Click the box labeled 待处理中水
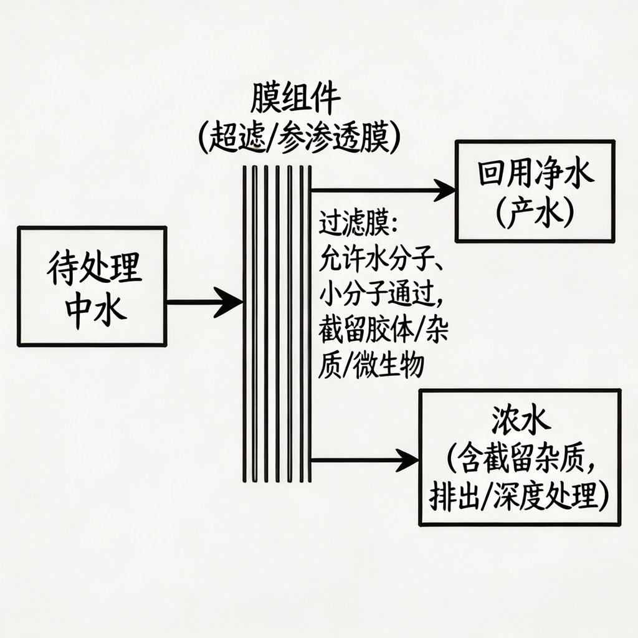pos(92,286)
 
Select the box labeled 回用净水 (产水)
pos(535,191)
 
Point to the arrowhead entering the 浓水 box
pos(408,461)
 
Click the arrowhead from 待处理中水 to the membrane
pos(231,303)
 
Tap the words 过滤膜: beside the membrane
pos(353,224)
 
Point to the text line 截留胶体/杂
pos(383,330)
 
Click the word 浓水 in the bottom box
pos(520,423)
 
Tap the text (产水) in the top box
pos(535,214)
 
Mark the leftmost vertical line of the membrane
pos(245,324)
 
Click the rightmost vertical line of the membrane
pos(310,324)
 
